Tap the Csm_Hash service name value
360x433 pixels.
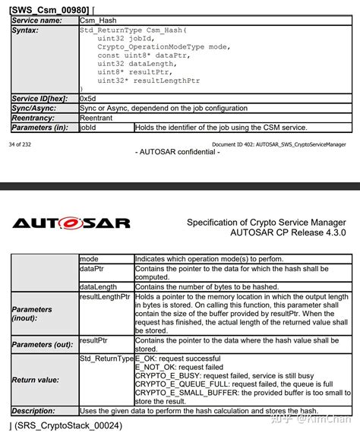click(x=99, y=20)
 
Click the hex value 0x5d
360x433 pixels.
click(x=87, y=99)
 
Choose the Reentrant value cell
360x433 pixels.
click(x=96, y=119)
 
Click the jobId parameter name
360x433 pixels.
click(x=88, y=128)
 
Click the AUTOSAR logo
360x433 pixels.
click(x=71, y=223)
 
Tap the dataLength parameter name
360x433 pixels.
click(x=98, y=287)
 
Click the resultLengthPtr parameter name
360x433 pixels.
click(x=106, y=296)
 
